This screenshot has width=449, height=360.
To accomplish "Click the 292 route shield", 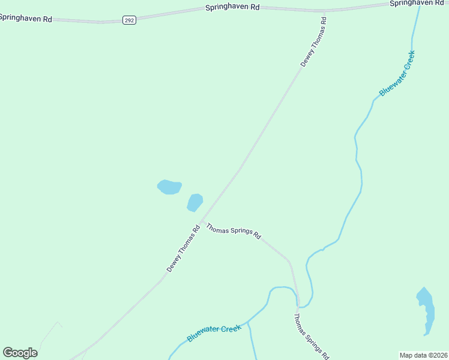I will click(x=129, y=20).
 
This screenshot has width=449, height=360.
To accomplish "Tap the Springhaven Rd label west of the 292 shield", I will click(x=26, y=18).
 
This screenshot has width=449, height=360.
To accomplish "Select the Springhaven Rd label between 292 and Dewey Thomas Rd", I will click(x=232, y=7).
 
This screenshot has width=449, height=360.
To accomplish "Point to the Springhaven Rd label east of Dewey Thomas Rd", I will click(x=417, y=3).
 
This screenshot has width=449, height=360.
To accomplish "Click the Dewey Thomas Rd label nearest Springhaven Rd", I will click(x=314, y=42).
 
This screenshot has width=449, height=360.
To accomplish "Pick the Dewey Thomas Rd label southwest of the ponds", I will click(x=183, y=249).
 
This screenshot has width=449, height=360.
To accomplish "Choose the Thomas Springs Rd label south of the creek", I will click(x=312, y=337).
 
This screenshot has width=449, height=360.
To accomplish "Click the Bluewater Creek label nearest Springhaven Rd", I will click(x=397, y=73).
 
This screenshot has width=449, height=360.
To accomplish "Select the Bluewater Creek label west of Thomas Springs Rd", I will click(x=214, y=333).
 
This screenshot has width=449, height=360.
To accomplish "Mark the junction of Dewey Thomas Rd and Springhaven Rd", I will click(x=324, y=11).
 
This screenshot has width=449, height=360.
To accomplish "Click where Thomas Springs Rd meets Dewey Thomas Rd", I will click(x=201, y=221).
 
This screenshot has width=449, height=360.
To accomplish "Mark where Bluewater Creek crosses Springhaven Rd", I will click(x=419, y=5).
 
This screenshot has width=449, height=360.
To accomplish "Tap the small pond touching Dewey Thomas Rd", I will click(x=194, y=202).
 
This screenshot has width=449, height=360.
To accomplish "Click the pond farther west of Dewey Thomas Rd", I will click(x=169, y=187).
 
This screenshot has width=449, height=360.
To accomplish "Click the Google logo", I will click(x=20, y=353).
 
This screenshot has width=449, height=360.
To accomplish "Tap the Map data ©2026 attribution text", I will click(x=424, y=355).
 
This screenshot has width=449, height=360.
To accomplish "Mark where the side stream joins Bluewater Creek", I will click(x=248, y=322).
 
